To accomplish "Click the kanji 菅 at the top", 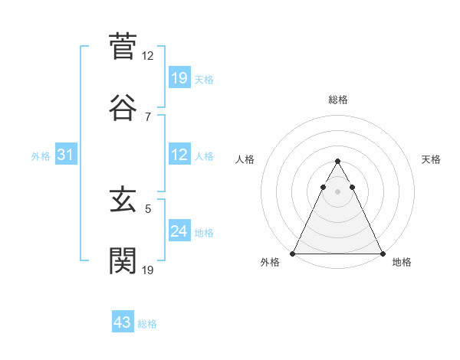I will [x=122, y=47].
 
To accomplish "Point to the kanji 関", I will [x=122, y=260].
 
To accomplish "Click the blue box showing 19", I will [x=179, y=77].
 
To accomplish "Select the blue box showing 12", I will [x=179, y=155].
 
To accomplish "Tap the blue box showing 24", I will [x=179, y=231].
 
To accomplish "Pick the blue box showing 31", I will [x=66, y=155].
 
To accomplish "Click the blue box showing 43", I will [x=123, y=322].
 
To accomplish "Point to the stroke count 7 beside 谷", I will [x=148, y=116].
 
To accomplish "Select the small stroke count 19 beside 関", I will [x=148, y=270].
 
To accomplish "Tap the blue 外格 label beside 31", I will [x=41, y=155].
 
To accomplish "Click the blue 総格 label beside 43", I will [x=147, y=324].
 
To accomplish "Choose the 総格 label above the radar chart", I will [x=337, y=100].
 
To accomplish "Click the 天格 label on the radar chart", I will [x=432, y=159].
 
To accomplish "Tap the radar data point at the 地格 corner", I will [x=382, y=253].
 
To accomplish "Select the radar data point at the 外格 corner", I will [x=293, y=253].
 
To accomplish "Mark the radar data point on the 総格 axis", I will [x=337, y=162].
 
